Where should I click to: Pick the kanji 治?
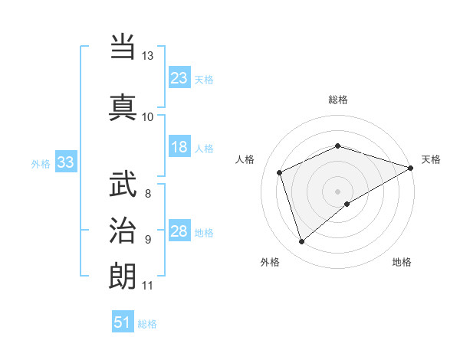[123, 229]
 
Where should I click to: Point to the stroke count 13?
[147, 56]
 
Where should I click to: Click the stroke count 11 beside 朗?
[147, 286]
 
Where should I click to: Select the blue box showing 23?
[179, 77]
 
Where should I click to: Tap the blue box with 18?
[179, 147]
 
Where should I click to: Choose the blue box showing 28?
[179, 231]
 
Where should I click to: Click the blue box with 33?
[65, 162]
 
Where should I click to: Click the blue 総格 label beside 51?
[147, 324]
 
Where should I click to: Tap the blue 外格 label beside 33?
[41, 163]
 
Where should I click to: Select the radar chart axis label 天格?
[431, 159]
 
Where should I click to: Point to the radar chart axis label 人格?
[245, 159]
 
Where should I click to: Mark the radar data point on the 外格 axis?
[301, 242]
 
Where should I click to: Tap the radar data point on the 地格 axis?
[347, 204]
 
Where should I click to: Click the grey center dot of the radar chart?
[338, 191]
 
